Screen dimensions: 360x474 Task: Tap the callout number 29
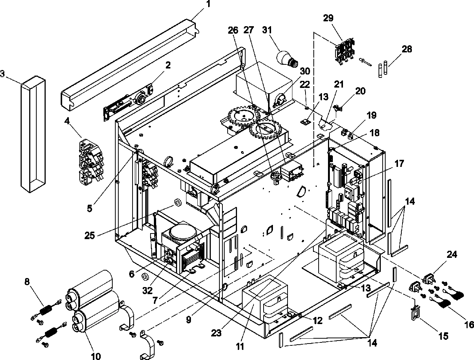[x=330, y=18]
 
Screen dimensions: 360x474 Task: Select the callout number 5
[x=89, y=208]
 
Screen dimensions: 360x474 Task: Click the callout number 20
[x=360, y=91]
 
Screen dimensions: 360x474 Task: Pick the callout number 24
[x=452, y=255]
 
